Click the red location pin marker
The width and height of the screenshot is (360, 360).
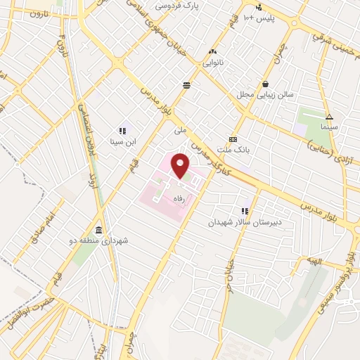point(181,166)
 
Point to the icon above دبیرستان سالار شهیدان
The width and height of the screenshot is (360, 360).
point(245,211)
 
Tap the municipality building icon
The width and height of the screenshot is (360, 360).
point(98,231)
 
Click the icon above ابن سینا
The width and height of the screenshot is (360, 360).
point(122,131)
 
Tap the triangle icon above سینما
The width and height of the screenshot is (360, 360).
point(329,117)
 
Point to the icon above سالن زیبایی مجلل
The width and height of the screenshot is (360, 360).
point(266,83)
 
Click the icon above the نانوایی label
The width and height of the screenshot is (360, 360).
point(214,51)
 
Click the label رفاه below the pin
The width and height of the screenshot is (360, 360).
point(183,199)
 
